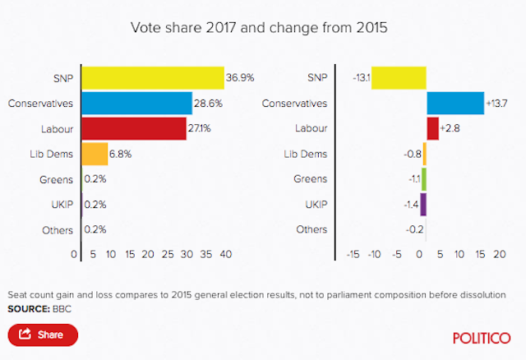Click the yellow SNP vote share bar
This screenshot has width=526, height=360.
click(153, 78)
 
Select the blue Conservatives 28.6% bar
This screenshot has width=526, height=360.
click(136, 104)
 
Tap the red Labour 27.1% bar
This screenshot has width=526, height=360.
click(134, 129)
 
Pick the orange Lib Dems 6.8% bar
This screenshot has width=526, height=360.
click(95, 155)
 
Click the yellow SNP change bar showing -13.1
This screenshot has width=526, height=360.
click(399, 78)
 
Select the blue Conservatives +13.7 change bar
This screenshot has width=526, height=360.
click(455, 104)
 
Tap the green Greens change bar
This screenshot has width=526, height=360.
click(424, 179)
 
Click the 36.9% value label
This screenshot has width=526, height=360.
click(240, 78)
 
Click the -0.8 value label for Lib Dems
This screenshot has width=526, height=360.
click(411, 155)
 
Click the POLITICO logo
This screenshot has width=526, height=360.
click(481, 336)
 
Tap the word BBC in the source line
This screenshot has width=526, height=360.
click(61, 308)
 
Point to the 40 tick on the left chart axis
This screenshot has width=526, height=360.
click(225, 255)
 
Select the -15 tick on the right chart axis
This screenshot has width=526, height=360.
click(353, 255)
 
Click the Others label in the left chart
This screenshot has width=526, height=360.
click(58, 230)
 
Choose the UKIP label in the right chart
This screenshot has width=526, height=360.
click(314, 205)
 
